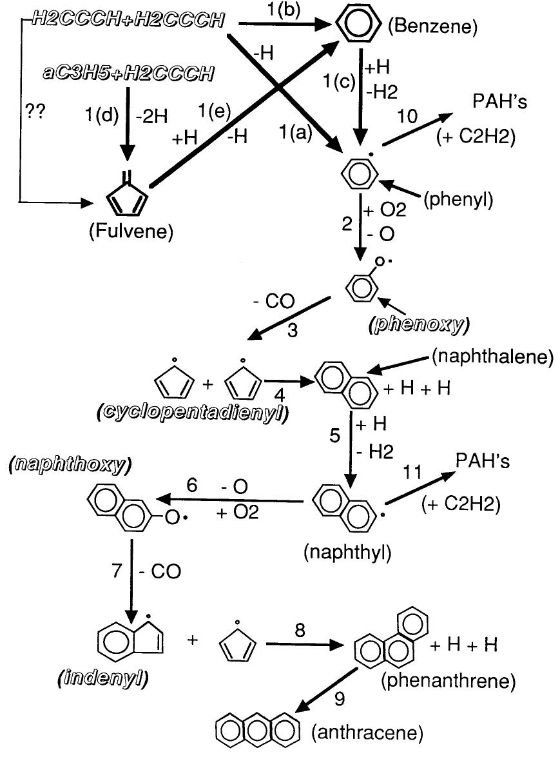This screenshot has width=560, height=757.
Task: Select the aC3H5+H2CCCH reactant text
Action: coord(128,73)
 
